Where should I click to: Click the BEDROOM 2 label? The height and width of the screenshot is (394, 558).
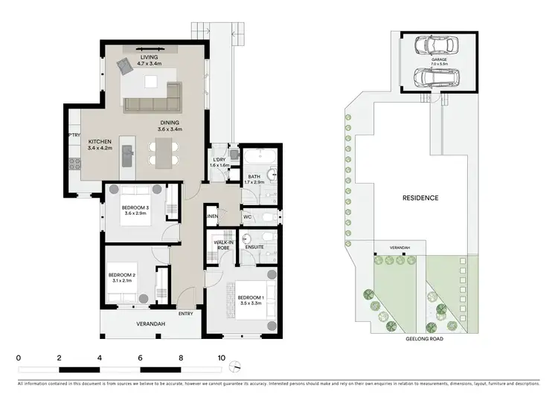(x=121, y=276)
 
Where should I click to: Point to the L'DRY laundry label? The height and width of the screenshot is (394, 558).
(x=219, y=161)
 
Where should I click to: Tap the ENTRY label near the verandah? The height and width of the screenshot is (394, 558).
(x=186, y=314)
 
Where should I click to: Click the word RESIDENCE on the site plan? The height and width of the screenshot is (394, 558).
(x=420, y=198)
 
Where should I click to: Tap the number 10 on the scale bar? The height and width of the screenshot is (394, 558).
(x=221, y=358)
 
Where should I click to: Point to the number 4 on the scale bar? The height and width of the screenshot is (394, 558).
(x=100, y=358)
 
